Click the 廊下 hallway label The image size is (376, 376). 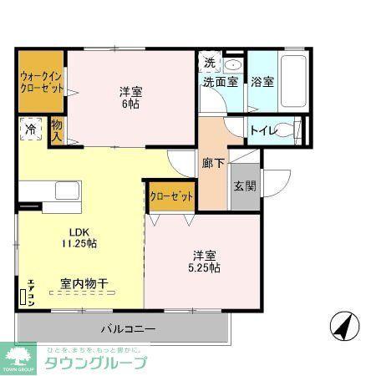click(212, 163)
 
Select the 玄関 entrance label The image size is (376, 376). click(244, 187)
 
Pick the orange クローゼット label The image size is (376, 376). click(171, 196)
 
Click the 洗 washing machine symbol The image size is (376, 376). click(210, 64)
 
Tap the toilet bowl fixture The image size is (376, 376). click(285, 130)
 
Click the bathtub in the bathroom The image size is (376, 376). click(294, 82)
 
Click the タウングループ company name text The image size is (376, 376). click(94, 363)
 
